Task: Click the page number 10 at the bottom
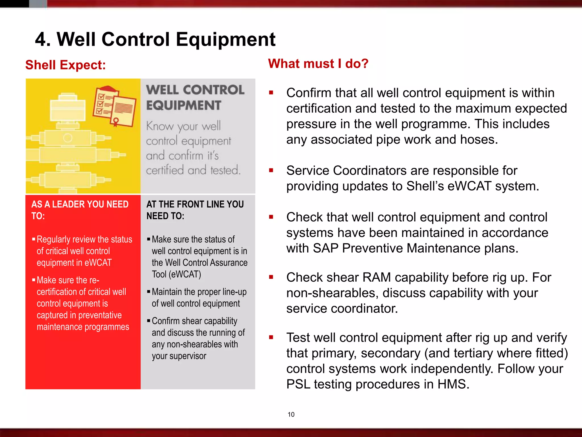click(291, 415)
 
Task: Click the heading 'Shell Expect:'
click(66, 65)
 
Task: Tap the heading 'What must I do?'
click(318, 63)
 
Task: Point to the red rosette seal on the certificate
click(116, 122)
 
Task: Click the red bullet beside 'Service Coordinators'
click(271, 170)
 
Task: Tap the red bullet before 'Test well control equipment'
click(271, 337)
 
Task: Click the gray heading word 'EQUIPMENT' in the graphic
click(184, 106)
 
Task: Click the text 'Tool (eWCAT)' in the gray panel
click(176, 274)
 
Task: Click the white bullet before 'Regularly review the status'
click(34, 239)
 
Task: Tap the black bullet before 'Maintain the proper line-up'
click(149, 291)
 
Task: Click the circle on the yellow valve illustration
click(68, 138)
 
